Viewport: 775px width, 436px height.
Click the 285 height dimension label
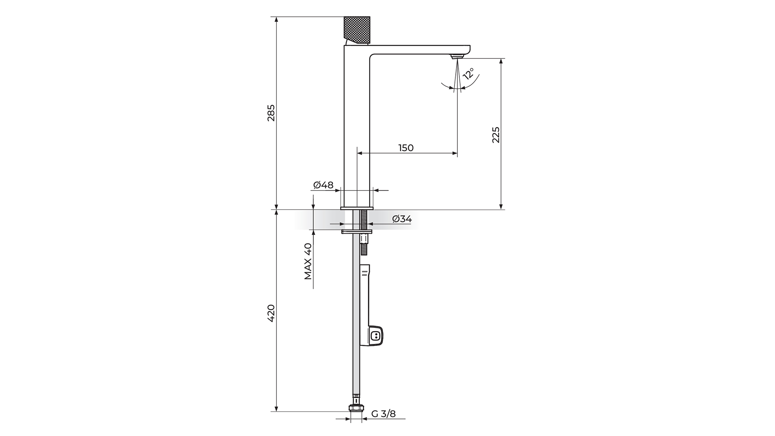coord(271,113)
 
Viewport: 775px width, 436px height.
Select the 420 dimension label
coord(271,313)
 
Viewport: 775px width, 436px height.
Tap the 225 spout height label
coord(496,135)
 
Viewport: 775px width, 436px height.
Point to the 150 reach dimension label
coord(406,148)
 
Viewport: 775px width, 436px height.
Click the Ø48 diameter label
coord(323,185)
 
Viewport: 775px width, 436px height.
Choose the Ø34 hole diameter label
coord(402,219)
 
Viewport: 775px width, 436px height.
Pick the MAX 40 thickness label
coord(308,261)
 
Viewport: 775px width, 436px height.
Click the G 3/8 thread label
coord(383,414)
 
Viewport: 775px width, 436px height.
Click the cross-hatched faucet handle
coord(357,30)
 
